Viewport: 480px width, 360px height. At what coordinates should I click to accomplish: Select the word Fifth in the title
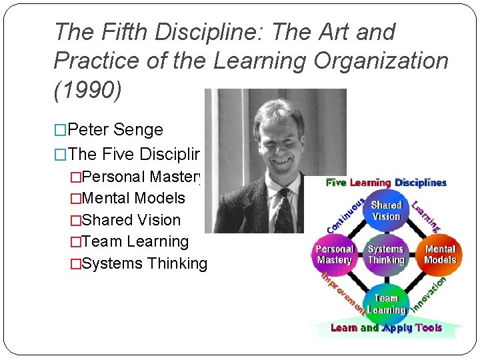pyautogui.click(x=119, y=32)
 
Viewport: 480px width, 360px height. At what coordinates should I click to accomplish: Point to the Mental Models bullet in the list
pyautogui.click(x=133, y=198)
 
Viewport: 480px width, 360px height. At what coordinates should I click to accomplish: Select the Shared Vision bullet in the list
pyautogui.click(x=131, y=220)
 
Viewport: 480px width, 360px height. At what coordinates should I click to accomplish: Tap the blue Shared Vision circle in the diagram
pyautogui.click(x=386, y=210)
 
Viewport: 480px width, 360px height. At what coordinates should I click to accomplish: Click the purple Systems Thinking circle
pyautogui.click(x=386, y=254)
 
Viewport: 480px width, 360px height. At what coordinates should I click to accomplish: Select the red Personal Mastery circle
pyautogui.click(x=335, y=254)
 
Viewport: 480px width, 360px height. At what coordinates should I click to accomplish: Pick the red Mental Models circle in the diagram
pyautogui.click(x=439, y=254)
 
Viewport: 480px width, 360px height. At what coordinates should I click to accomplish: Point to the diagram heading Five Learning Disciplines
pyautogui.click(x=386, y=182)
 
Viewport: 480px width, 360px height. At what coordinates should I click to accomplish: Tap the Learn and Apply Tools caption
pyautogui.click(x=386, y=328)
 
